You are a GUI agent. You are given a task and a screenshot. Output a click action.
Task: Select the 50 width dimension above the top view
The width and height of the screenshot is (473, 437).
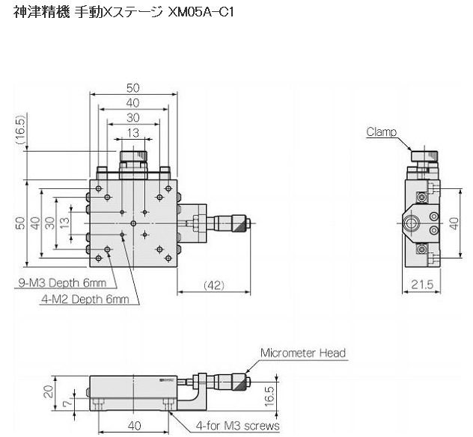click(x=132, y=87)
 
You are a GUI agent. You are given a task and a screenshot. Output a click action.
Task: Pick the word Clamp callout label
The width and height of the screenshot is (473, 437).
click(x=382, y=132)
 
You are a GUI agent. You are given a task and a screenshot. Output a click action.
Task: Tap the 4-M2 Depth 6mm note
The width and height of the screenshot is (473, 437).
click(x=85, y=300)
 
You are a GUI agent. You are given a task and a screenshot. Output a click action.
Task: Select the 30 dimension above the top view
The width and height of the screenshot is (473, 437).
click(x=132, y=117)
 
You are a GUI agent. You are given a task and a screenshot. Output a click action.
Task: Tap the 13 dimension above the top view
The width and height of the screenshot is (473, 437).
click(x=132, y=133)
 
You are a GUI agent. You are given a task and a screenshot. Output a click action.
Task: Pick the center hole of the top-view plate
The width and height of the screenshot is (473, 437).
click(x=132, y=223)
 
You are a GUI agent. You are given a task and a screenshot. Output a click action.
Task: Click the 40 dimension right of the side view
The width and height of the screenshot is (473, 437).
click(x=454, y=223)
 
